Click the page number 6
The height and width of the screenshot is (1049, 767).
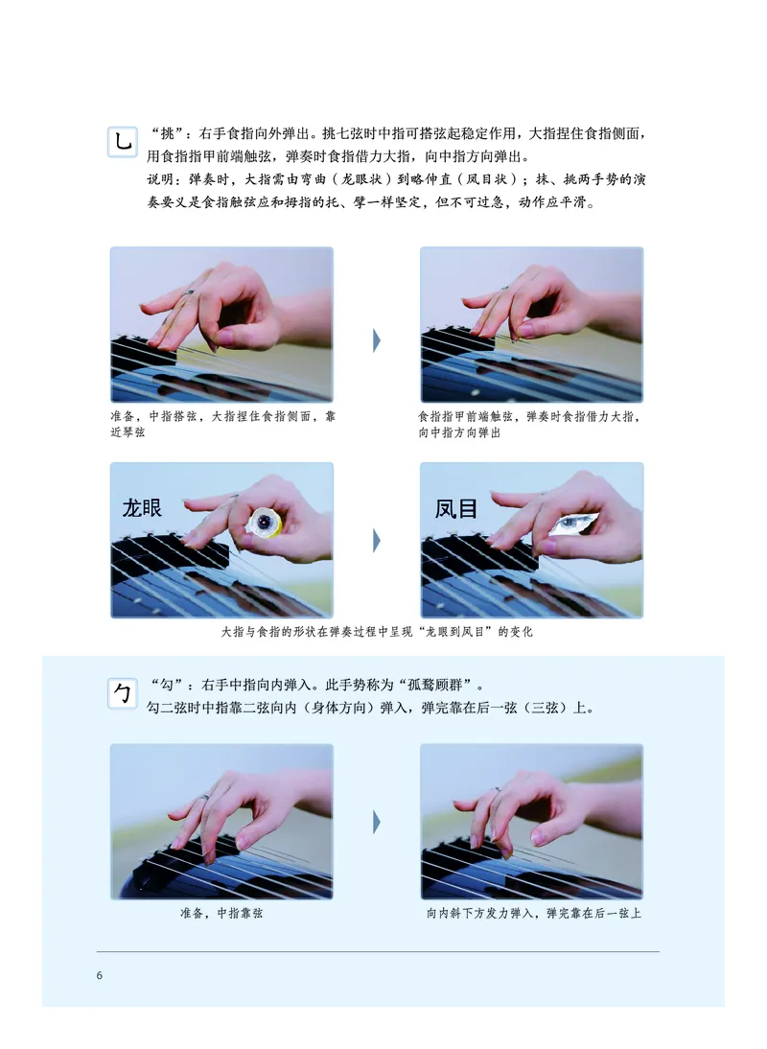99,976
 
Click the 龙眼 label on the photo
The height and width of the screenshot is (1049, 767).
142,508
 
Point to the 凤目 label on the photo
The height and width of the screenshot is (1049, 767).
456,508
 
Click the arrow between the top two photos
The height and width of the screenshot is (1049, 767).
377,338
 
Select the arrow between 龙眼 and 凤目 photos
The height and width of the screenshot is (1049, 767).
377,541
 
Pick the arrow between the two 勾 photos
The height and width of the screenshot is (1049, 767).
377,822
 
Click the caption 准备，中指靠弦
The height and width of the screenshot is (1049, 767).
221,914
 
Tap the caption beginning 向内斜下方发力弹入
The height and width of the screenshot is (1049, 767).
533,914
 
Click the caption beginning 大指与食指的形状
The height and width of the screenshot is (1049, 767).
376,632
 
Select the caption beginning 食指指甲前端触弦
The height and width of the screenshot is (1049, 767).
531,425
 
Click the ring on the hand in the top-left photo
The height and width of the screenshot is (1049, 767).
190,291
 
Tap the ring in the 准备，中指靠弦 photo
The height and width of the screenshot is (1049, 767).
203,797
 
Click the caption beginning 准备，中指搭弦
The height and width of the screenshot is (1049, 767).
222,425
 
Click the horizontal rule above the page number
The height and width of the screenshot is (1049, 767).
378,951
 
